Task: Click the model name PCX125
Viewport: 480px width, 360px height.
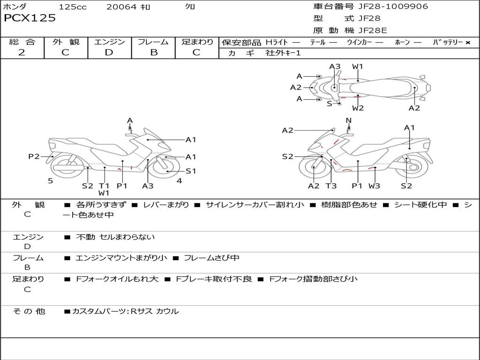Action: [x=30, y=18]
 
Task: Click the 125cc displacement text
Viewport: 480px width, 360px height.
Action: [x=72, y=7]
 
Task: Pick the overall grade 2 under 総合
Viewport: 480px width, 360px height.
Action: [x=22, y=52]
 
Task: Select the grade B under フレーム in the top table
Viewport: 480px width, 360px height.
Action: [x=153, y=52]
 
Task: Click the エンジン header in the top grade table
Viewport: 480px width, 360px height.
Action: [x=109, y=42]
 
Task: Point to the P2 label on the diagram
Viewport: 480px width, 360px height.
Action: [x=34, y=157]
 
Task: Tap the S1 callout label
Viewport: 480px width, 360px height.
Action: [x=191, y=171]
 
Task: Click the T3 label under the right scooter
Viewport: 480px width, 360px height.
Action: [x=331, y=186]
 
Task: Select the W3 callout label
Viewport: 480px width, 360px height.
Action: [x=374, y=186]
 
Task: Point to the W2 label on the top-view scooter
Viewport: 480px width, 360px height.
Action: [x=358, y=108]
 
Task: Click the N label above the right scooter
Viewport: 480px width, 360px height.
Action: [x=348, y=120]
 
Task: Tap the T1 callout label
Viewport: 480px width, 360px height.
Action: [x=104, y=186]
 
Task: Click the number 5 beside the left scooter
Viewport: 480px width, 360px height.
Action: [x=50, y=180]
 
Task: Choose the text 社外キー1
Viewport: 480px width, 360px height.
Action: [x=283, y=53]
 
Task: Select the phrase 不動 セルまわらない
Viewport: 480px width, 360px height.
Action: [x=115, y=237]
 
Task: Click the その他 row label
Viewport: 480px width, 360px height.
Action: [x=29, y=311]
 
